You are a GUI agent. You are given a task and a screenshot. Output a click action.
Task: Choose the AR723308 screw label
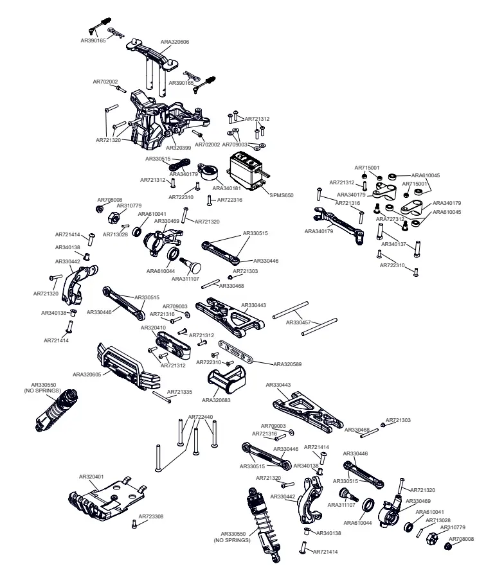point(152,516)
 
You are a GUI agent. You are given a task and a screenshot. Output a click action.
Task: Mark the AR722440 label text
point(201,417)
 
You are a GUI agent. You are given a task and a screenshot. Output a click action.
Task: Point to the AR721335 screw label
point(179,391)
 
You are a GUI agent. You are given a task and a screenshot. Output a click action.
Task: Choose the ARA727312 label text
point(390,219)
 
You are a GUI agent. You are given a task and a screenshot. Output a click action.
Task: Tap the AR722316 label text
point(230,200)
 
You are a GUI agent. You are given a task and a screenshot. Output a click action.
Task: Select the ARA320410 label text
point(154,328)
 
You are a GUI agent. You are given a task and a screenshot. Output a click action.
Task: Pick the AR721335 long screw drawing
point(161,397)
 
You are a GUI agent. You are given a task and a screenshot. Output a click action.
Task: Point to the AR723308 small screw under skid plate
point(134,523)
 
